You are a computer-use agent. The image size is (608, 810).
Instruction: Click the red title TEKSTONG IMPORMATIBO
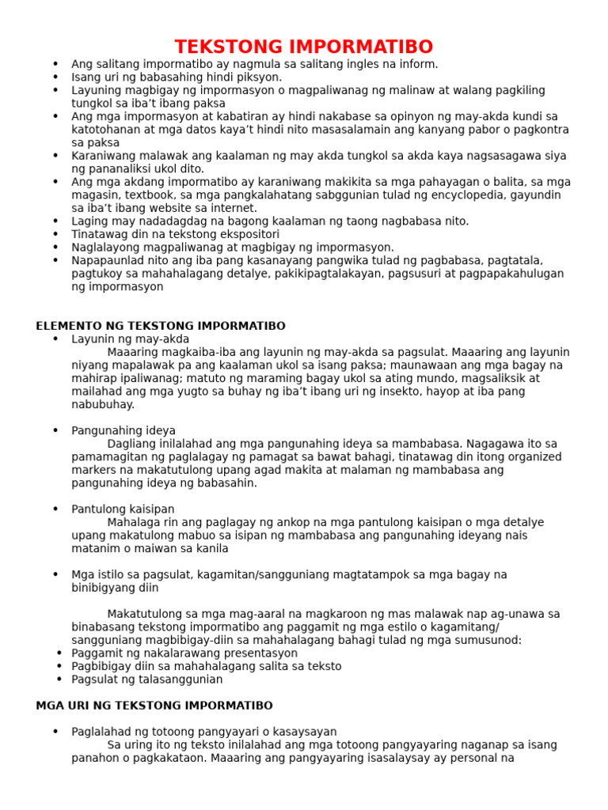pos(304,46)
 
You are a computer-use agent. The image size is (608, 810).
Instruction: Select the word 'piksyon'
pos(258,78)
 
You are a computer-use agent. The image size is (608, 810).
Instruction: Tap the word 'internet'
pos(233,208)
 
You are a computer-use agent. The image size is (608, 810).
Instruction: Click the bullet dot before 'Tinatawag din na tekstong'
pos(55,234)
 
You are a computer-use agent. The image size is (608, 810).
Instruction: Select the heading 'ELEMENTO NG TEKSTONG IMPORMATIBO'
pos(161,326)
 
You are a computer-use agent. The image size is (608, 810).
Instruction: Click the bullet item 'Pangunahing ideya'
pos(123,430)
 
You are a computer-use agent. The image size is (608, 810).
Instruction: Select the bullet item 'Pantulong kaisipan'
pos(123,509)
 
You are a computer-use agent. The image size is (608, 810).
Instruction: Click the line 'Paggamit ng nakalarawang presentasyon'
pos(184,653)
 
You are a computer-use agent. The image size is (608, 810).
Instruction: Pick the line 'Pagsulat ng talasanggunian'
pos(147,679)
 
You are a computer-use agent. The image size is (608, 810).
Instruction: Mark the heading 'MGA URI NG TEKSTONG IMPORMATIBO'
pos(154,705)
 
